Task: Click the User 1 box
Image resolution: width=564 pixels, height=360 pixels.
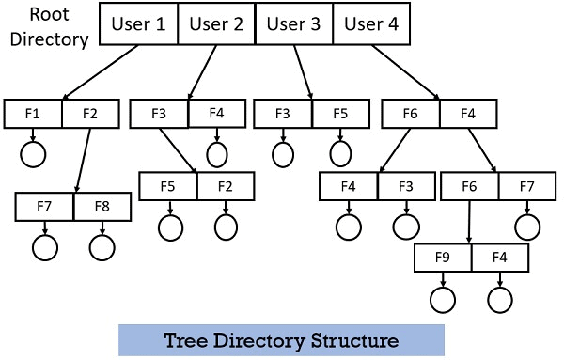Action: point(138,25)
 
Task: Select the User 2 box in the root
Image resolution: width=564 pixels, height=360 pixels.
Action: point(215,25)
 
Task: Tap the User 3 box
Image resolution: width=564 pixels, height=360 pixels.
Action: point(293,25)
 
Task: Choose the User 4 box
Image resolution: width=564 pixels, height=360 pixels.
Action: point(371,25)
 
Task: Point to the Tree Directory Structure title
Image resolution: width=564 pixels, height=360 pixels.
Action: point(281,339)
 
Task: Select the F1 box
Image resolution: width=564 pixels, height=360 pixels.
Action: point(33,115)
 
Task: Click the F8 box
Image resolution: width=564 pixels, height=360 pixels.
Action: point(102,205)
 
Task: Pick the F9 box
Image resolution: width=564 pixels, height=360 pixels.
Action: point(442,257)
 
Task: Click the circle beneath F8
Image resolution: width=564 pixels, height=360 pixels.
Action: point(102,247)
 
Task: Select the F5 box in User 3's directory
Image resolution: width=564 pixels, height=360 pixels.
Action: point(340,115)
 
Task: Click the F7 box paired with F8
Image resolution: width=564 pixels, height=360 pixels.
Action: point(44,205)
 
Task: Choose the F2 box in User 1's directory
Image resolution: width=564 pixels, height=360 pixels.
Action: point(91,115)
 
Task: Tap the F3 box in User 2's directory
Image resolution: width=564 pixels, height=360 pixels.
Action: point(159,115)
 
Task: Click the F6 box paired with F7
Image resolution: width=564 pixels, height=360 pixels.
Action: point(469,186)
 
